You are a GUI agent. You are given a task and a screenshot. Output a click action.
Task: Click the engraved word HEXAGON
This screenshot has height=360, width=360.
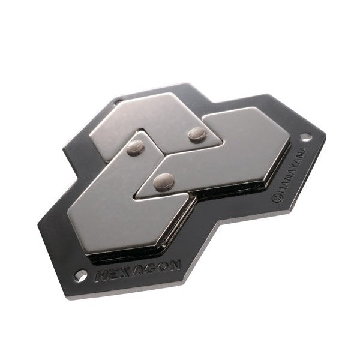(x=138, y=270)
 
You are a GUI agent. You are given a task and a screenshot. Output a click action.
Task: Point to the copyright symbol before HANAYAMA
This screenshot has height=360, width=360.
(x=276, y=199)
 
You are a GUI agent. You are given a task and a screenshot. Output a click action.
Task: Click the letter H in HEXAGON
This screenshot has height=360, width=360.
(x=101, y=277)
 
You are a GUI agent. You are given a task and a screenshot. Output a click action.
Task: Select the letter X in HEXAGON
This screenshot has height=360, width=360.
(x=125, y=272)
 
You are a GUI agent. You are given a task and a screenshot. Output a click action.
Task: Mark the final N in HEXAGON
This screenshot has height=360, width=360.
(x=175, y=265)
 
